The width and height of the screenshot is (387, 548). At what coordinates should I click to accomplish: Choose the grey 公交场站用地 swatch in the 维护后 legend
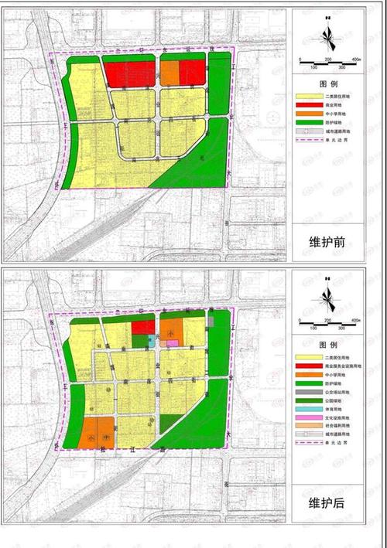pyautogui.click(x=308, y=391)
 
